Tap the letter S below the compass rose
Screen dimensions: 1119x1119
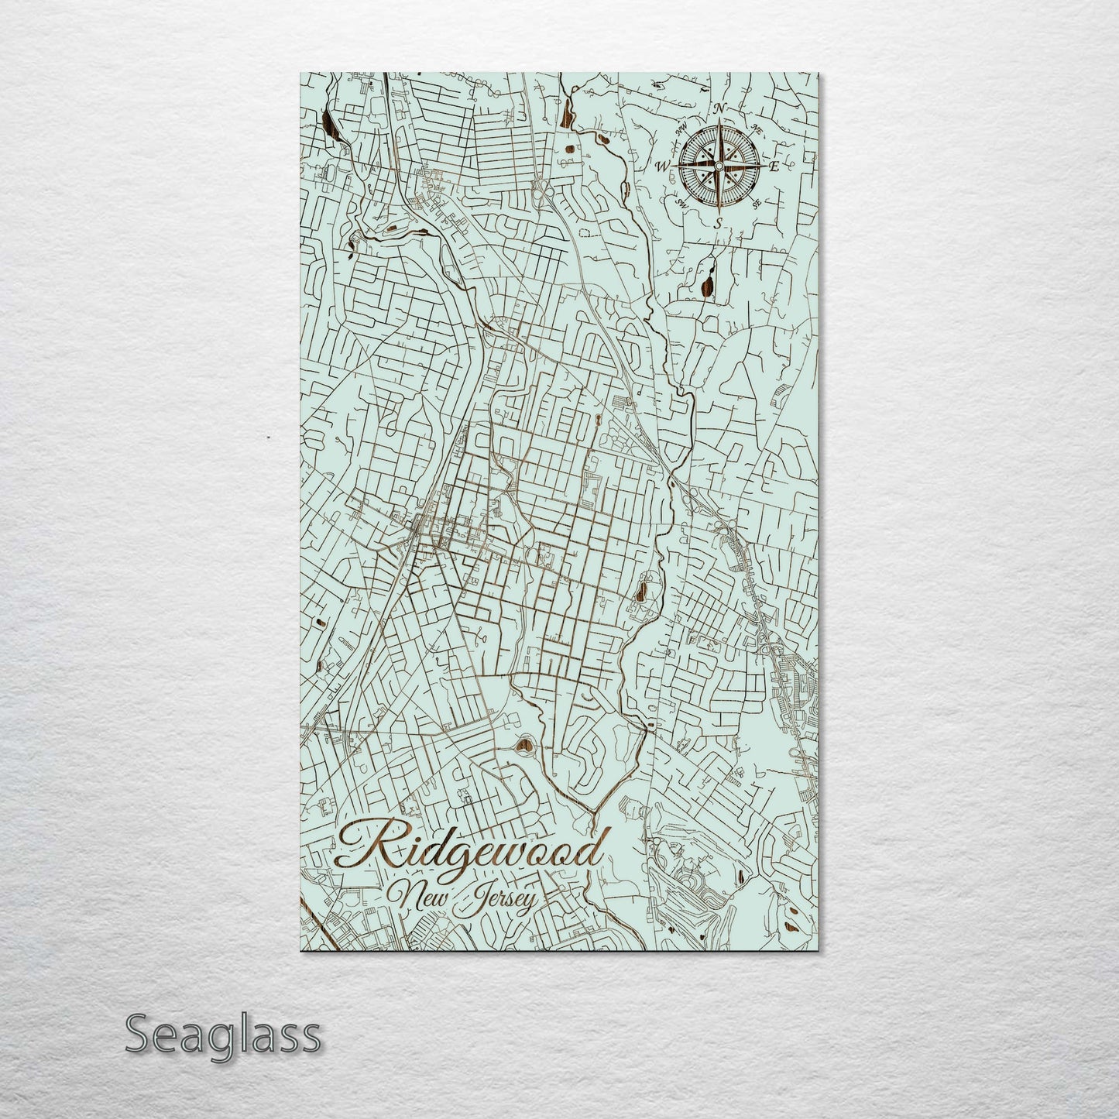tap(718, 223)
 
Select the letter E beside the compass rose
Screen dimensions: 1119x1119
tap(773, 166)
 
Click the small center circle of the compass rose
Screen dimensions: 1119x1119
tap(719, 166)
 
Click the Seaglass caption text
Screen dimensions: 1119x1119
tap(222, 1035)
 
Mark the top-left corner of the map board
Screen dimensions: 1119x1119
tap(300, 74)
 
